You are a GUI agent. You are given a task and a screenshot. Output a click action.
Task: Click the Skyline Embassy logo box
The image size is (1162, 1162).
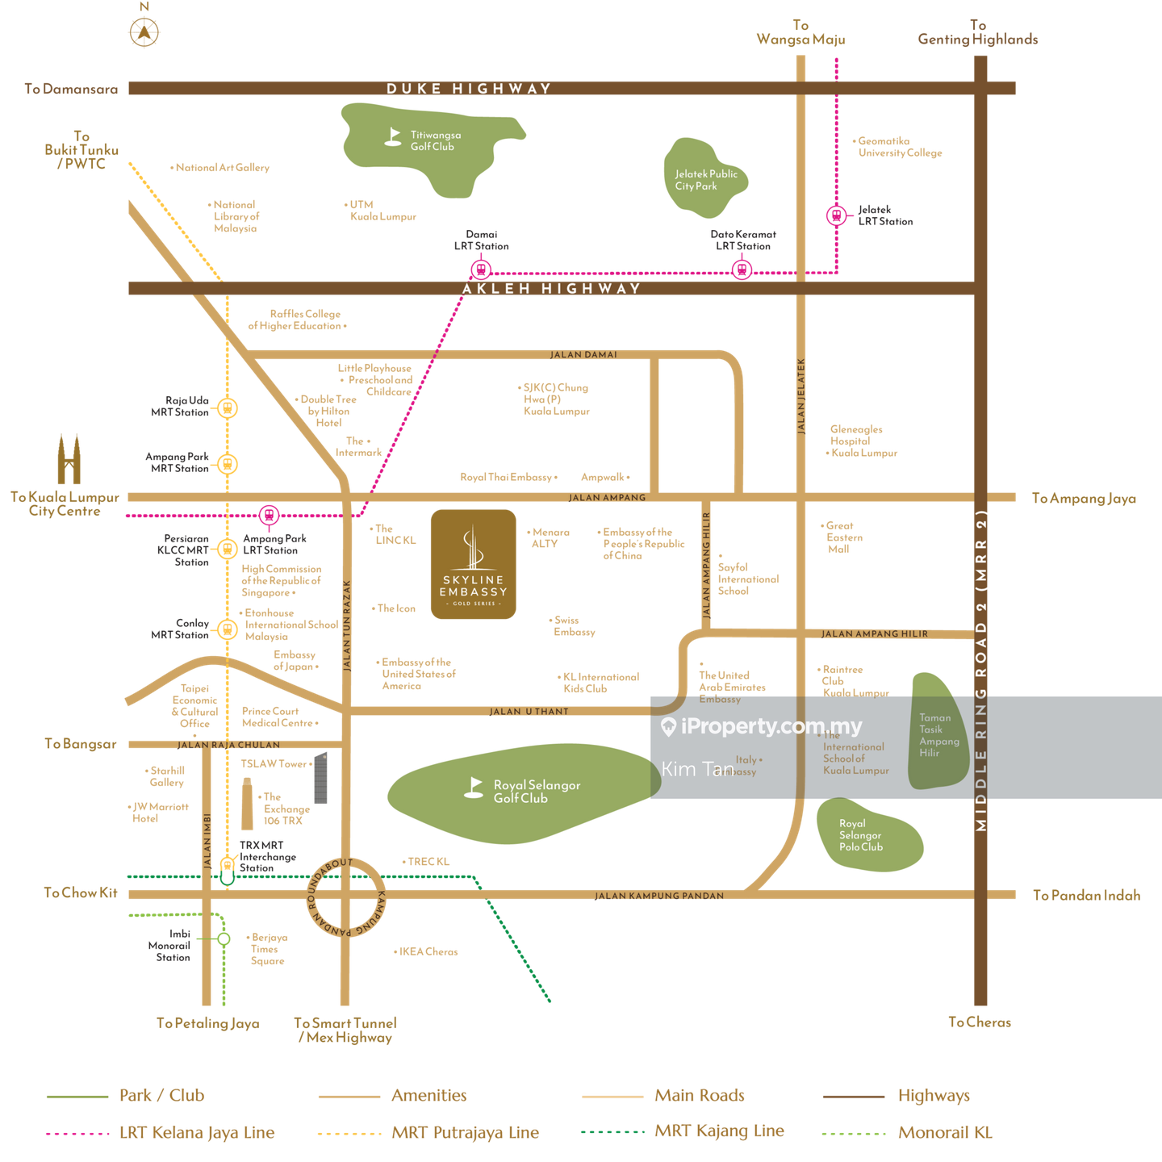474,564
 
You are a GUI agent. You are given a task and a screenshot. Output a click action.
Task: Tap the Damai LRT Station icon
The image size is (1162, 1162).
481,269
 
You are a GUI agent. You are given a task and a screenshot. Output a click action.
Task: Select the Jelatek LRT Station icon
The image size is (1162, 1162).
836,215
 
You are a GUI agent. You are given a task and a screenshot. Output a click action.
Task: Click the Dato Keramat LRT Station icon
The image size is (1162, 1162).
742,269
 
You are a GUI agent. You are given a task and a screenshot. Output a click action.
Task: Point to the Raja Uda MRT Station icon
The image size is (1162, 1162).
228,408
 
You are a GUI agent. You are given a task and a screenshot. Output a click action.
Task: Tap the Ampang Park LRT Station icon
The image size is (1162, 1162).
269,514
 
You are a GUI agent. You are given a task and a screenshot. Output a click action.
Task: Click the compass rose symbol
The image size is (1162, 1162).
144,30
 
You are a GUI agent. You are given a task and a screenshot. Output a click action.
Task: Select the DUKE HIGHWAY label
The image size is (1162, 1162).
469,89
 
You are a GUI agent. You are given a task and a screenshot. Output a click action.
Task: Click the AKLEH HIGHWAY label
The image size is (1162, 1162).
551,289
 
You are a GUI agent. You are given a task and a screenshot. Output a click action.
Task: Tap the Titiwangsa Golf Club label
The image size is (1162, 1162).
435,141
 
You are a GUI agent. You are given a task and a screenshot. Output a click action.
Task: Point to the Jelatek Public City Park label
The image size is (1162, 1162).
706,180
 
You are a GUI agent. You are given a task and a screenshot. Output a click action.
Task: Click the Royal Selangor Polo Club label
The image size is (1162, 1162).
860,835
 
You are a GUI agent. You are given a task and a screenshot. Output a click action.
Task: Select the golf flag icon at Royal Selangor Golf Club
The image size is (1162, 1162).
474,787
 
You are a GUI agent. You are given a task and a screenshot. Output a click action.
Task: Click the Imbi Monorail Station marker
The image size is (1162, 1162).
224,938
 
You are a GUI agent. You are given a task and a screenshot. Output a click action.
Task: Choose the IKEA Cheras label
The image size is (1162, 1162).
429,952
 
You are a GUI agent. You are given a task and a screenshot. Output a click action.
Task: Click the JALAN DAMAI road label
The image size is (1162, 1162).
583,355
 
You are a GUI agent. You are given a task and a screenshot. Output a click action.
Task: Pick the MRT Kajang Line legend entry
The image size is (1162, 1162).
719,1131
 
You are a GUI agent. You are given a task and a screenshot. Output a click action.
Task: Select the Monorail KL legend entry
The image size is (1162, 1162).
945,1133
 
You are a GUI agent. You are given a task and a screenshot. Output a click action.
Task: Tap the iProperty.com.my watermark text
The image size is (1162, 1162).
771,727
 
